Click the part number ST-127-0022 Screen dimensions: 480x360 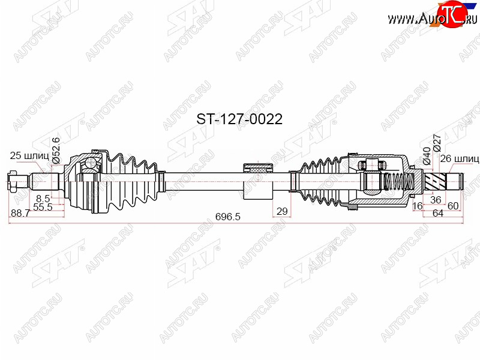(239, 119)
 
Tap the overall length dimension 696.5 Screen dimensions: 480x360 (228, 217)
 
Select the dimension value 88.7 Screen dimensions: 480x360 (20, 213)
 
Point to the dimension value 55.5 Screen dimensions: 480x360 (43, 206)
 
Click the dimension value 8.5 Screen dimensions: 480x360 (43, 198)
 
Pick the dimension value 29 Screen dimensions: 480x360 (282, 211)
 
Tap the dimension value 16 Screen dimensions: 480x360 (417, 206)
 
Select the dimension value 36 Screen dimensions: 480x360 (436, 200)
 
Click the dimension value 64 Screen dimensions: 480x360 (438, 213)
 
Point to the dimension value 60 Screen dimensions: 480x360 (453, 206)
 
